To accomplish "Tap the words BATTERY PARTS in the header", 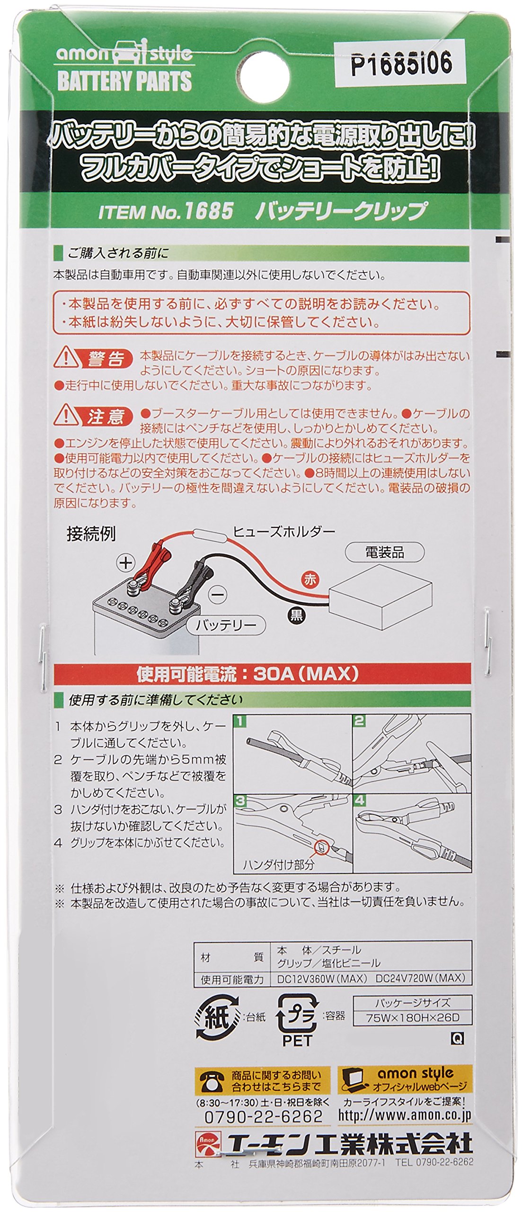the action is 124,80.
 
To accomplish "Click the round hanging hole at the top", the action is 262,76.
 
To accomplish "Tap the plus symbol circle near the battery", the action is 125,563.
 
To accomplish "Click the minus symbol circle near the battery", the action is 218,595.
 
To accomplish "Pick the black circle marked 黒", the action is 297,615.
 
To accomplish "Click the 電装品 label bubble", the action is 385,553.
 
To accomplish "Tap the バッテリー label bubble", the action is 226,625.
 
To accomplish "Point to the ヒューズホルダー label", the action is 283,532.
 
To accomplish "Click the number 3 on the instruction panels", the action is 240,801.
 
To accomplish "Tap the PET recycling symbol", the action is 297,1019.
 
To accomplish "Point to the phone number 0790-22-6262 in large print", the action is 263,1116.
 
